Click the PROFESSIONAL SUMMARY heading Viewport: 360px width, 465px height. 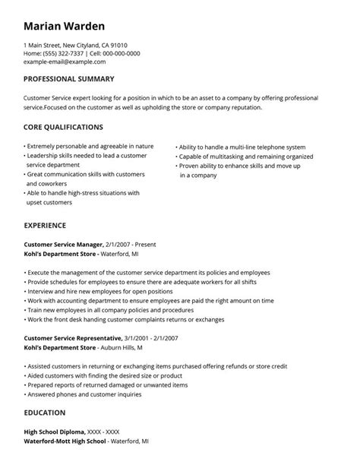tap(69, 79)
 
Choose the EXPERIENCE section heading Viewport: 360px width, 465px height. tap(45, 226)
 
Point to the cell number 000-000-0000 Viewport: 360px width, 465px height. tap(122, 53)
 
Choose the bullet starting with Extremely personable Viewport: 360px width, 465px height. tap(90, 146)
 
